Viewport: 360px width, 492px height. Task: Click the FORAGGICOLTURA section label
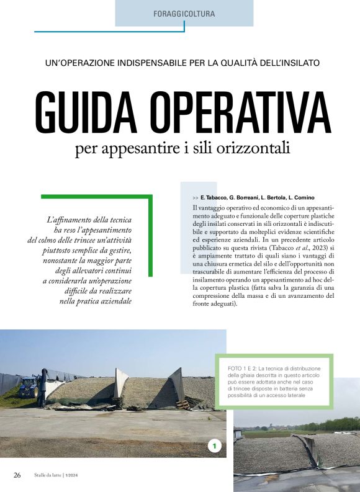184,13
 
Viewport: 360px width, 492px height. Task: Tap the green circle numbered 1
215,445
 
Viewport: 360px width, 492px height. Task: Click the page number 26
17,475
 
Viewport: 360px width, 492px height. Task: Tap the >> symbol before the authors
196,197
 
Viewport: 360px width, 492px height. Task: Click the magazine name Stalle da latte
47,476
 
